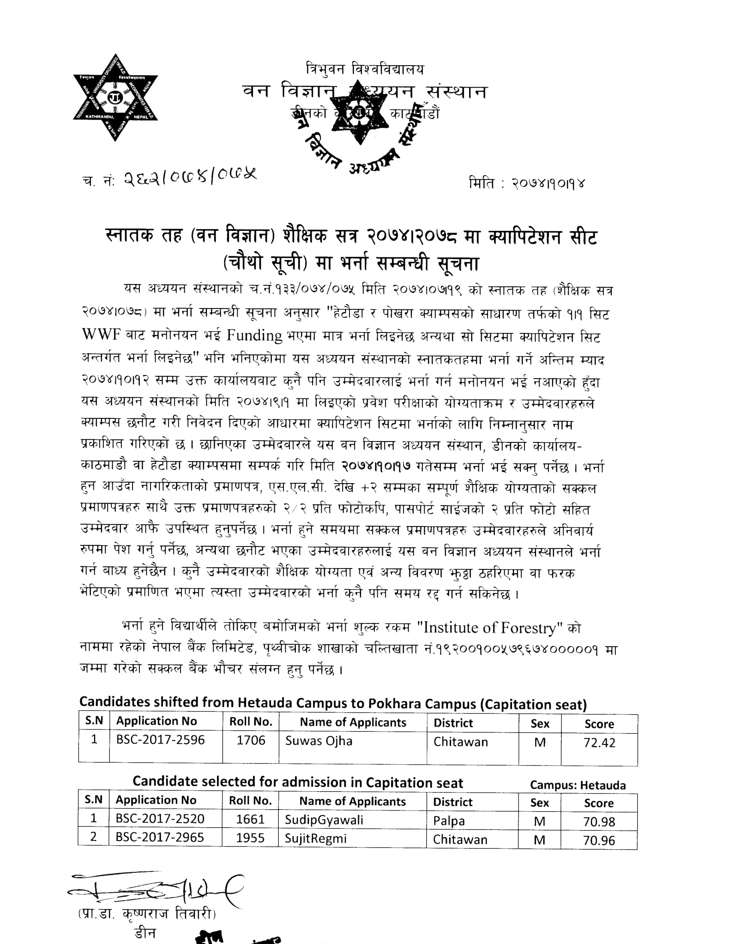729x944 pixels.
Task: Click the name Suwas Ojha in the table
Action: coord(319,741)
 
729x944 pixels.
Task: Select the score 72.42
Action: coord(599,743)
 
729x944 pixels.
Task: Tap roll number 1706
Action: coord(250,741)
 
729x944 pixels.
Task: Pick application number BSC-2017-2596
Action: coord(160,740)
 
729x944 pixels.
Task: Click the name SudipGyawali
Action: coord(324,820)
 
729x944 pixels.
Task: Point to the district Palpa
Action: coord(449,821)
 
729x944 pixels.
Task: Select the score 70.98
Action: coord(599,822)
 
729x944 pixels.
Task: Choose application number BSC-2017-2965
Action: coord(160,837)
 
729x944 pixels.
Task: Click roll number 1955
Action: coord(250,838)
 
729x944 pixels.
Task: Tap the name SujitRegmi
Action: coord(315,838)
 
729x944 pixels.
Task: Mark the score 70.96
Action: coord(599,840)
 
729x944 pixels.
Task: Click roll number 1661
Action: coord(250,820)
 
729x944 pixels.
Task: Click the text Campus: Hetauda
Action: coord(578,785)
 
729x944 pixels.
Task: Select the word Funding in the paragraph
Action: coord(254,335)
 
